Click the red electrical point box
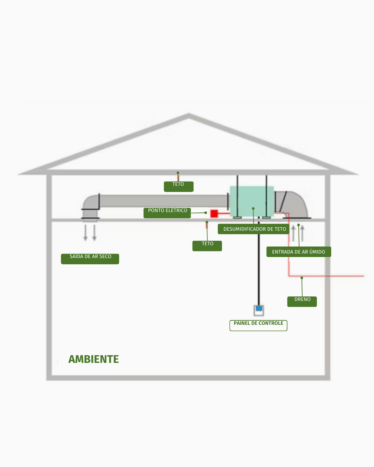tap(214, 213)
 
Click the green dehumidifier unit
tap(252, 201)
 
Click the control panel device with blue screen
tap(259, 310)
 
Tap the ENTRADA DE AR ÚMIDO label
tap(299, 252)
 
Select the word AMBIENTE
tap(93, 359)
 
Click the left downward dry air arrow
tap(86, 233)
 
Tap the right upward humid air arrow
tap(302, 233)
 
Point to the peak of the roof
tap(188, 116)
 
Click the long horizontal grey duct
tap(163, 201)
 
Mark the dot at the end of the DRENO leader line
tap(302, 278)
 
